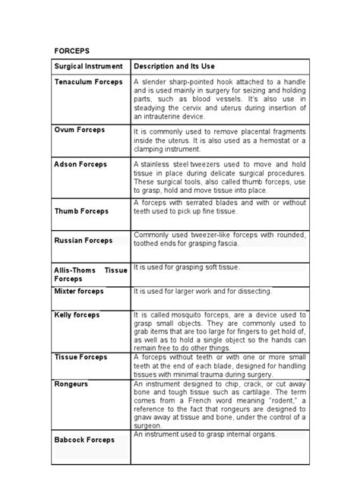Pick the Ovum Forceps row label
tap(79, 130)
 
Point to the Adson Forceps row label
tap(81, 164)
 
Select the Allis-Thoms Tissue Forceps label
tap(90, 274)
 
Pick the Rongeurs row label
tap(71, 384)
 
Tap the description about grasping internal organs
tap(205, 434)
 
